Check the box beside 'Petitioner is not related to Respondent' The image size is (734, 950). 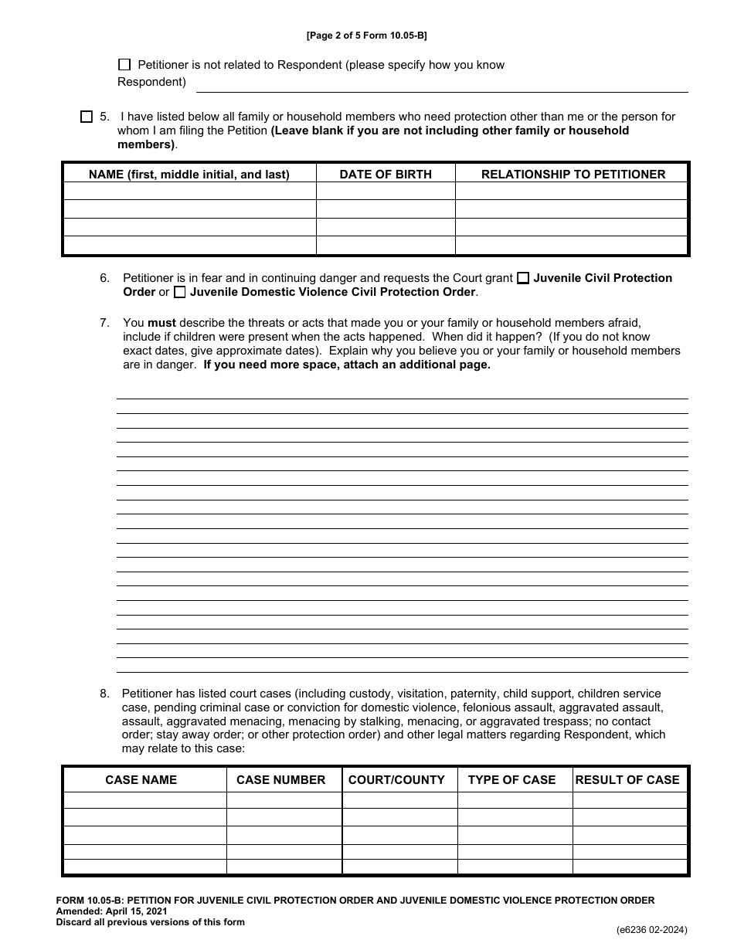pos(124,65)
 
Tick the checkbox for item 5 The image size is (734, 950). pos(87,117)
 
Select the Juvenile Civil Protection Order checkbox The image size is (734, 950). pos(523,278)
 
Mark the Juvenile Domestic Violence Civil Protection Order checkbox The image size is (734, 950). pos(180,293)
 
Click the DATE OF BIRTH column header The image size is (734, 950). pos(386,175)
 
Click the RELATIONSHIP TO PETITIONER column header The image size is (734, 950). pos(573,175)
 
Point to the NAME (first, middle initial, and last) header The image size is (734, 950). pos(189,175)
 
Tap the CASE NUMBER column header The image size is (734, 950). pos(281,780)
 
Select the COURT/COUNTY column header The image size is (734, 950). pos(396,780)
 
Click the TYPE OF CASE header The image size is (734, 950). pos(511,780)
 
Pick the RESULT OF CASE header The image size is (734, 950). pos(627,780)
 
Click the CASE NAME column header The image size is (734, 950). pos(141,780)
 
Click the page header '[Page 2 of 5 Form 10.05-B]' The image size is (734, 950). pos(367,36)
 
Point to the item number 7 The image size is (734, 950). pos(104,322)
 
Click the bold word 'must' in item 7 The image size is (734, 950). pos(161,322)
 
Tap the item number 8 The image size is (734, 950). pos(104,694)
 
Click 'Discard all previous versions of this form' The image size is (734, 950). pos(150,922)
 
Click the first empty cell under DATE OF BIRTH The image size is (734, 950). pos(386,192)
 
